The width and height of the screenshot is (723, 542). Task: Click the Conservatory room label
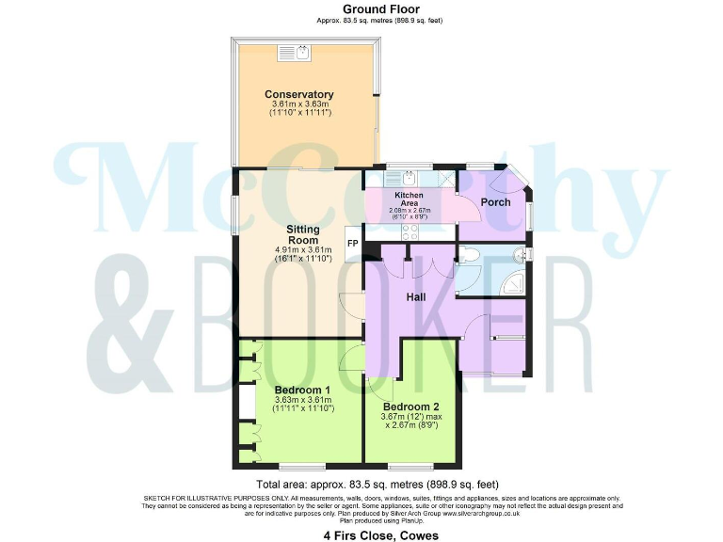click(x=298, y=94)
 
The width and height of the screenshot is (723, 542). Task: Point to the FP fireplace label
click(x=353, y=243)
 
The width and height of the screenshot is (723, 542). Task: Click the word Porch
click(x=495, y=202)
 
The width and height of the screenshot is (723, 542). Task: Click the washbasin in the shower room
click(x=525, y=254)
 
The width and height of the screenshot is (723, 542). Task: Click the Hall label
click(x=416, y=296)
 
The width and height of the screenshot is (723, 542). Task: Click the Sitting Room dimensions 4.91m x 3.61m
click(x=302, y=250)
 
